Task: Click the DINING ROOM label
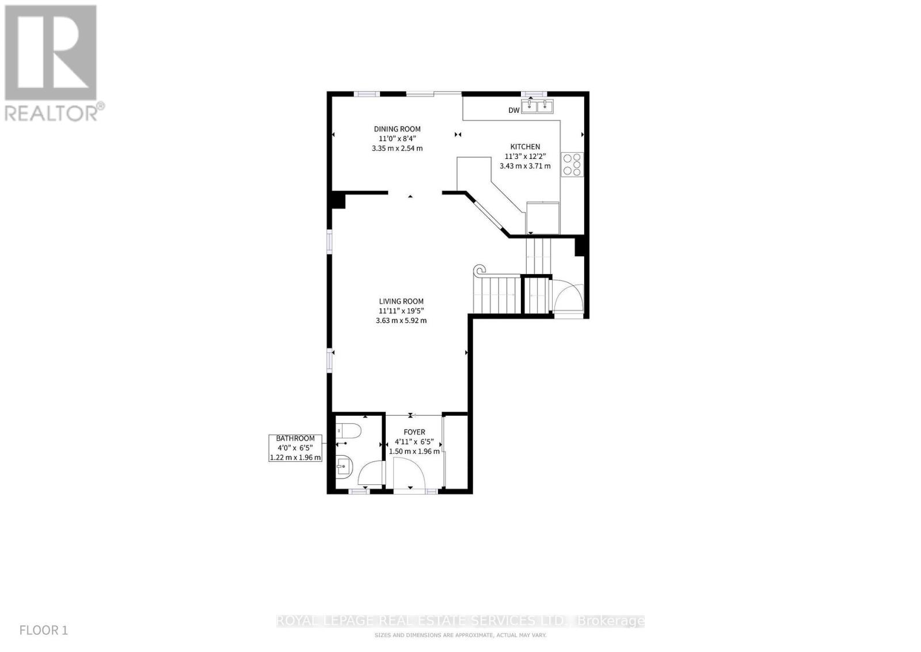tap(397, 129)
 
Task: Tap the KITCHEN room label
tap(525, 147)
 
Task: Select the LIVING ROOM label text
tap(401, 301)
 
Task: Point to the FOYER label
tap(414, 432)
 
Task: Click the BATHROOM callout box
tap(295, 448)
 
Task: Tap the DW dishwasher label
tap(513, 111)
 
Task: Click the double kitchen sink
tap(537, 107)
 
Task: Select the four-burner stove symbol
tap(573, 164)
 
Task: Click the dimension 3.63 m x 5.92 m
tap(401, 321)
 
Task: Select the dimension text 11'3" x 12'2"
tap(525, 157)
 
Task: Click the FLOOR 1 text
tap(44, 630)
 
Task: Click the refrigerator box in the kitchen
tap(543, 217)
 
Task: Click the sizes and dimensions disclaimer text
tap(460, 635)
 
